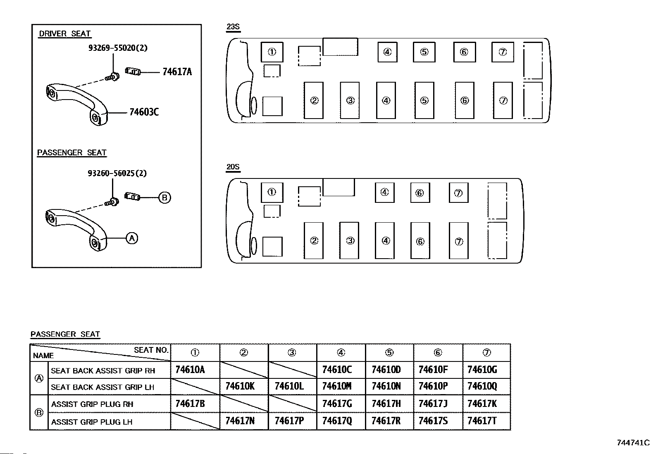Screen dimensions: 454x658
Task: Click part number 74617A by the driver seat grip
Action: pyautogui.click(x=177, y=72)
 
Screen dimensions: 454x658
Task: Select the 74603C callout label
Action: pyautogui.click(x=144, y=112)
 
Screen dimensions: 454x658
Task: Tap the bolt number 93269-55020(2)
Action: pyautogui.click(x=118, y=48)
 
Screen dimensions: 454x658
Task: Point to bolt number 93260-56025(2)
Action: pyautogui.click(x=117, y=174)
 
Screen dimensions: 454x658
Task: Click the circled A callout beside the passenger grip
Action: pyautogui.click(x=131, y=238)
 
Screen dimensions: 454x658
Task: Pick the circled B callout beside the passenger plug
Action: pyautogui.click(x=164, y=198)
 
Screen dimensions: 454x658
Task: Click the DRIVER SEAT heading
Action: pyautogui.click(x=65, y=34)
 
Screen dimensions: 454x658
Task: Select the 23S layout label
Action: pyautogui.click(x=233, y=27)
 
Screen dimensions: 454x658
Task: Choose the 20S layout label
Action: pyautogui.click(x=233, y=167)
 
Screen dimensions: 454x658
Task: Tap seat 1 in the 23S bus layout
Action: pyautogui.click(x=272, y=52)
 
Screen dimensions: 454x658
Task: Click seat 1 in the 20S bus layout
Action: pyautogui.click(x=272, y=193)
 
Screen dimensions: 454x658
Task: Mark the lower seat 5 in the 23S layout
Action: pyautogui.click(x=424, y=100)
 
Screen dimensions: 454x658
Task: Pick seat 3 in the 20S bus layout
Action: pyautogui.click(x=350, y=240)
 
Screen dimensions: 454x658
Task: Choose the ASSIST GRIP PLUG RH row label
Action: pyautogui.click(x=92, y=404)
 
